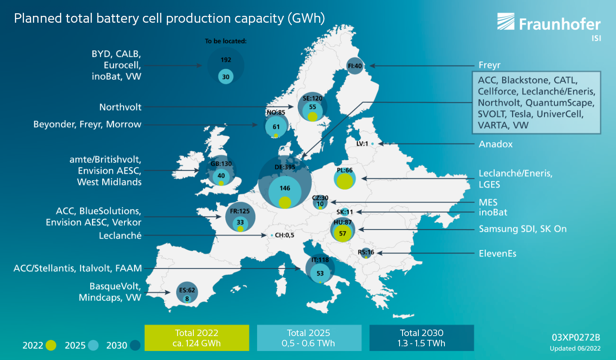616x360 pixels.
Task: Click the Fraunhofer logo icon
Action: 506,21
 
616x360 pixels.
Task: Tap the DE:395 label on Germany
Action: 284,167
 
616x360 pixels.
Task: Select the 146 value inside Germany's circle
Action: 284,188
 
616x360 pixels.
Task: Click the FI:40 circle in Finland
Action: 355,66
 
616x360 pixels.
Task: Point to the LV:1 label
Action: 362,144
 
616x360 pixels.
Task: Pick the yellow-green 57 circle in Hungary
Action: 342,233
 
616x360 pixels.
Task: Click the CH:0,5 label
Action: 284,235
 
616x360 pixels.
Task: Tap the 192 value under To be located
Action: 226,60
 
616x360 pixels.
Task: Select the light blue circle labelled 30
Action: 226,77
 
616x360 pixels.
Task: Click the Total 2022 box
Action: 197,338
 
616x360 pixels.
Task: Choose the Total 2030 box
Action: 422,338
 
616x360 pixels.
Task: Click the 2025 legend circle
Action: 93,345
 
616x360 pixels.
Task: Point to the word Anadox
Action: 495,144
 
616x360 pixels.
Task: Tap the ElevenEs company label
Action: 498,253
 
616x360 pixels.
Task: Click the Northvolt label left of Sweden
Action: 120,107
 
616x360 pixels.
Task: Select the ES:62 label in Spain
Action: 187,290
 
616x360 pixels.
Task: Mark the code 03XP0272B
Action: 576,337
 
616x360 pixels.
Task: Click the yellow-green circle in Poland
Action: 345,181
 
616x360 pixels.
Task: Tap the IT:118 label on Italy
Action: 320,260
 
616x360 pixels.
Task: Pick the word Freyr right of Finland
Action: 489,65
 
